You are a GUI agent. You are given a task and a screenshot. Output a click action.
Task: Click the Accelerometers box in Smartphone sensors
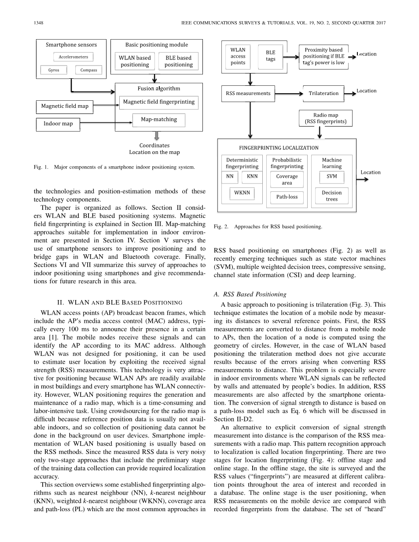pos(74,57)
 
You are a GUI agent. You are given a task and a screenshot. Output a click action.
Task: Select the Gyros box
pos(54,70)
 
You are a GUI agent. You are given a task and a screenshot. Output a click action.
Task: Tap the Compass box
pos(88,70)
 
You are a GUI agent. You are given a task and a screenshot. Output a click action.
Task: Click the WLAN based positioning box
pos(135,61)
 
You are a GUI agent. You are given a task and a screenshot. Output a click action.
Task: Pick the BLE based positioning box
pos(178,61)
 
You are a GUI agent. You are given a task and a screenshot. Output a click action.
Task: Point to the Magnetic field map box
pos(65,106)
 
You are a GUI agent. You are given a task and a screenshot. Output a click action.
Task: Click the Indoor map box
pos(58,124)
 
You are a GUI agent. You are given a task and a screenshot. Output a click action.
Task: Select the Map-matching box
pos(159,119)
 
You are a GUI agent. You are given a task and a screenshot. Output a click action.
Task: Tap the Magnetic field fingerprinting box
pos(159,102)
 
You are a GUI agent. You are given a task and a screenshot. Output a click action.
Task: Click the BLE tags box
pos(270,56)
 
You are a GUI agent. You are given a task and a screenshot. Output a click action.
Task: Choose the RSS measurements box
pos(248,93)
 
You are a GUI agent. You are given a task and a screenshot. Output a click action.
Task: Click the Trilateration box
pos(323,93)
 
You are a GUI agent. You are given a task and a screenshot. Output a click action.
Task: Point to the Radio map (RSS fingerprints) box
pos(326,118)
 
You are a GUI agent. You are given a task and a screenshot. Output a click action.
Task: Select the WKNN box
pos(242,193)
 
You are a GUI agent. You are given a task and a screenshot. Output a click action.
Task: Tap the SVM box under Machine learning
pos(331,176)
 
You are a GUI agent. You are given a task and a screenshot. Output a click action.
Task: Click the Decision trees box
pos(331,196)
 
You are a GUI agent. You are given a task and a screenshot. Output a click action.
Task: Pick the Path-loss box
pos(287,197)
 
